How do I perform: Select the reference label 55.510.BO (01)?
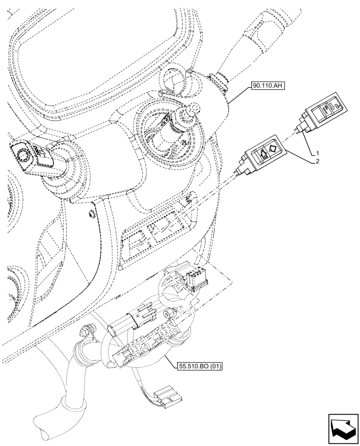click(198, 366)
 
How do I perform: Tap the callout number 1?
click(317, 153)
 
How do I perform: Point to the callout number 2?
click(317, 162)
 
